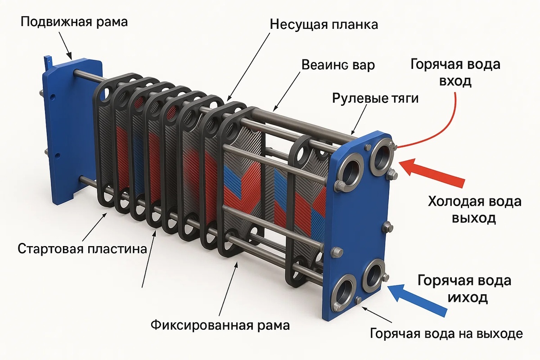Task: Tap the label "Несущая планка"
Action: (324, 24)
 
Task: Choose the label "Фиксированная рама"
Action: (220, 324)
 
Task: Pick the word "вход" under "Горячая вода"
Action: (455, 81)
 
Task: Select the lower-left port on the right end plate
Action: (345, 292)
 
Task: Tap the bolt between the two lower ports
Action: (359, 300)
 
